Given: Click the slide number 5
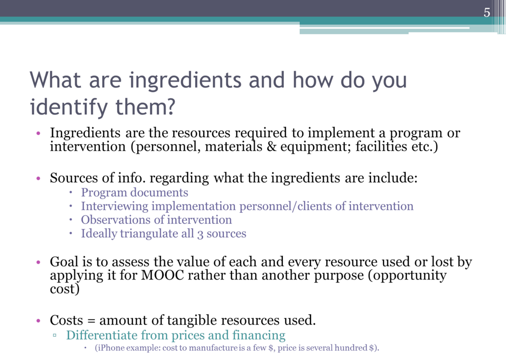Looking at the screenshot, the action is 487,13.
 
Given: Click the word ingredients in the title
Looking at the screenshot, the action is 185,80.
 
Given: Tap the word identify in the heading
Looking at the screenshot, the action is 69,107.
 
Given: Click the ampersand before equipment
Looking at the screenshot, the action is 271,147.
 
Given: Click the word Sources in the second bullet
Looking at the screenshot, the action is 74,178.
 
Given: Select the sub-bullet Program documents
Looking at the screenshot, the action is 134,192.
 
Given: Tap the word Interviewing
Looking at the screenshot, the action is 115,206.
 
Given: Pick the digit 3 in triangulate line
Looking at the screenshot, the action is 200,234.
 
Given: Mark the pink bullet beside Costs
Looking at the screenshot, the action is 38,321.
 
